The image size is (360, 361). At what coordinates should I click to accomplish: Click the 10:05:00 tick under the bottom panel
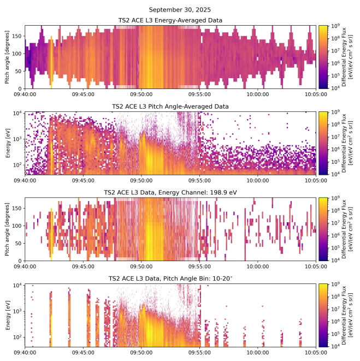(316, 352)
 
